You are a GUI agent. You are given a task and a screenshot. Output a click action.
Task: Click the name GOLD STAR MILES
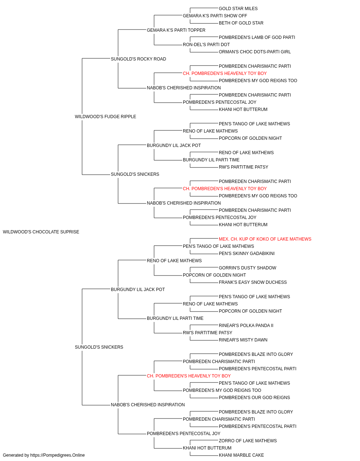click(238, 9)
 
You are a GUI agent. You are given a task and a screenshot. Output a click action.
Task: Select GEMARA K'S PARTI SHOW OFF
click(215, 16)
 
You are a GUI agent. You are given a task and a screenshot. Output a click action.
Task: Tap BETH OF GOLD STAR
click(241, 23)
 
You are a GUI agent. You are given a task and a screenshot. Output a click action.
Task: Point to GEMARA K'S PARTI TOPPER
click(176, 30)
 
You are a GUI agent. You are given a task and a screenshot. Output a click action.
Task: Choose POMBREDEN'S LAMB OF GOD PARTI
click(257, 37)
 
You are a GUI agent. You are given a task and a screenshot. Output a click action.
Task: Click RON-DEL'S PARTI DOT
click(206, 45)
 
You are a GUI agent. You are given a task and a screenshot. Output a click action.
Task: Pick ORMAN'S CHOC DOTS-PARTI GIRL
click(255, 52)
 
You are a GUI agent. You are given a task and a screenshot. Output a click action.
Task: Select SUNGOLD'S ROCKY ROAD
click(139, 59)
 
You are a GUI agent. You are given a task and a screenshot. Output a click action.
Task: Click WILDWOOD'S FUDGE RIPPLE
click(105, 116)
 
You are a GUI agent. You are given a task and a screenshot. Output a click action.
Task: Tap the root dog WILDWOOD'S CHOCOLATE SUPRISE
click(41, 232)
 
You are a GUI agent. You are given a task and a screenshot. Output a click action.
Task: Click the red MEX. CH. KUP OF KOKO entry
click(265, 239)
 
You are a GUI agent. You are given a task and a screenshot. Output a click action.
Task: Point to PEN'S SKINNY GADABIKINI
click(247, 254)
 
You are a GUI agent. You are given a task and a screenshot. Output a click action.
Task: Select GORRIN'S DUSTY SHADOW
click(247, 268)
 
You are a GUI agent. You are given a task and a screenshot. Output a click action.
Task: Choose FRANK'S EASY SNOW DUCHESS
click(253, 282)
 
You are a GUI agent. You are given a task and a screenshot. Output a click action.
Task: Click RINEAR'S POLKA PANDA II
click(246, 326)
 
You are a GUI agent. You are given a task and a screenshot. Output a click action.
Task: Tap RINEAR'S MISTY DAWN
click(243, 340)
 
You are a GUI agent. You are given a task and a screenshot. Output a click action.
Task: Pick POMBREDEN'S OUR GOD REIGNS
click(254, 398)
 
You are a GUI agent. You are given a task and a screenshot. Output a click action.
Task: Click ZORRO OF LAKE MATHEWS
click(248, 441)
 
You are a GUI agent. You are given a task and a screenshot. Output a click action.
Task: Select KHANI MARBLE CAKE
click(241, 455)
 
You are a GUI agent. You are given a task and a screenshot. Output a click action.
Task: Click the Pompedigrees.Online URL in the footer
click(58, 455)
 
